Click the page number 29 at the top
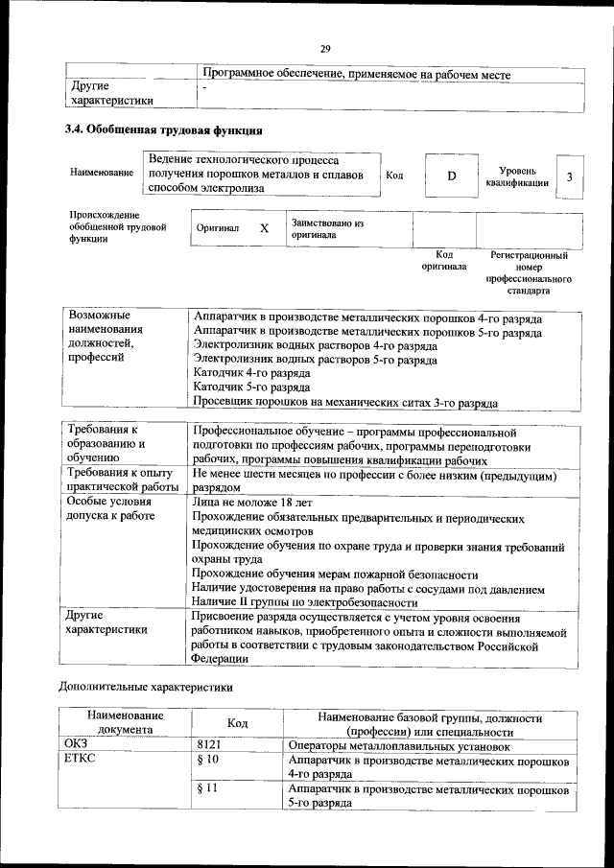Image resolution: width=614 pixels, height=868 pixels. [325, 50]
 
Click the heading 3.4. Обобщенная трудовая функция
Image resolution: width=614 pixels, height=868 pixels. [164, 130]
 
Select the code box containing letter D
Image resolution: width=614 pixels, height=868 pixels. [451, 176]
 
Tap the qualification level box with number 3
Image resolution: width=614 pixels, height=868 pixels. [570, 177]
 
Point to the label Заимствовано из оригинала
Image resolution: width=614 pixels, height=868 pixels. [327, 228]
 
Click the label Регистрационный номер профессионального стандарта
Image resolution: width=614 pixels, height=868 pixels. [529, 272]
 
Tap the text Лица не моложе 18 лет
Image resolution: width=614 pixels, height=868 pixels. [252, 502]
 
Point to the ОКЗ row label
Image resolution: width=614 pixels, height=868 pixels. [76, 744]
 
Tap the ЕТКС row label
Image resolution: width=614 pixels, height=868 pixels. [81, 760]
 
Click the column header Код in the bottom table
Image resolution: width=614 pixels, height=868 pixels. [237, 723]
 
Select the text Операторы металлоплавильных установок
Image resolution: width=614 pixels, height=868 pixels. [398, 744]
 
